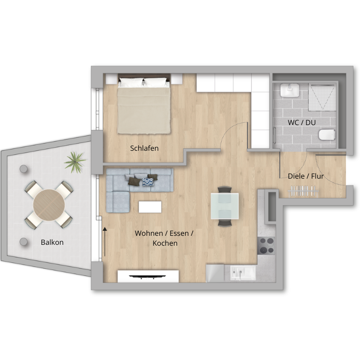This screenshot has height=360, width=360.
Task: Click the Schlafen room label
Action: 144,148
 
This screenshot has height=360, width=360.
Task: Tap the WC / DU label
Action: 301,122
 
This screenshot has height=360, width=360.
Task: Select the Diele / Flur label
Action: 306,176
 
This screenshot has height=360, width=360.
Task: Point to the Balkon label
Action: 52,242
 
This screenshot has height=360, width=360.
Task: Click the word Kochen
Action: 165,243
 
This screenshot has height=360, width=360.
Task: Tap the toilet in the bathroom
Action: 327,135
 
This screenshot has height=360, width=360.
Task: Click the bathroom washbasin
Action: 289,90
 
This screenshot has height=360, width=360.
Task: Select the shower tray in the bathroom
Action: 322,97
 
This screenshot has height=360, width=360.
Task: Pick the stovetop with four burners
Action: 266,246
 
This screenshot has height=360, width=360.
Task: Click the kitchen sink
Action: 243,273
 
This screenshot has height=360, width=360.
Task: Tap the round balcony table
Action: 49,205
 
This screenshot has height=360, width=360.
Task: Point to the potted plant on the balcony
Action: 75,162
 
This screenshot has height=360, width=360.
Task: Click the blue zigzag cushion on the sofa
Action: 148,182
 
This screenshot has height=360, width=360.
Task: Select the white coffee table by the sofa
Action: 150,207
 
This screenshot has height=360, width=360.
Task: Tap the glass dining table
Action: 225,206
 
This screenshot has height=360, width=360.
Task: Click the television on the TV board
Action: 148,277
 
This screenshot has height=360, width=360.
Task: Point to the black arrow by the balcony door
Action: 105,242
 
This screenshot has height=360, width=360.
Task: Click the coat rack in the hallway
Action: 303,191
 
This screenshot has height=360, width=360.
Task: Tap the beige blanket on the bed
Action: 144,111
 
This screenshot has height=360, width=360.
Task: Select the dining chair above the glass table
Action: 225,189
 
